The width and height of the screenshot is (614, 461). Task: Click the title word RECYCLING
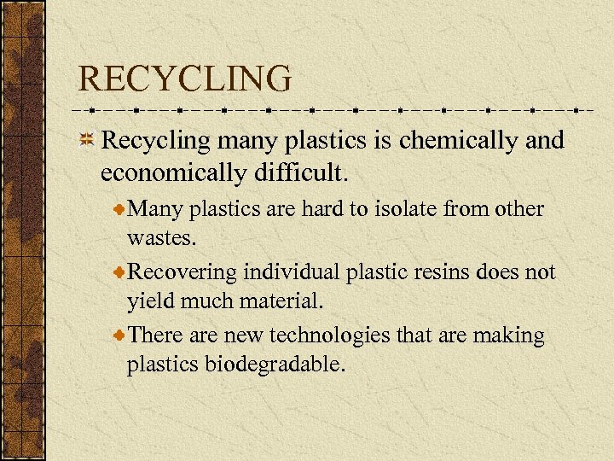tap(184, 79)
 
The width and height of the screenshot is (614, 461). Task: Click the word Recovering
tap(182, 272)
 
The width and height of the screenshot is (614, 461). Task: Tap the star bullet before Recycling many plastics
tap(86, 140)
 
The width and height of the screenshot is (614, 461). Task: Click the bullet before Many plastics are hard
tap(119, 209)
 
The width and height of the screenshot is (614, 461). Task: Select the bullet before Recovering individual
tap(119, 272)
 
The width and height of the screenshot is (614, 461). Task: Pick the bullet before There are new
tap(119, 336)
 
